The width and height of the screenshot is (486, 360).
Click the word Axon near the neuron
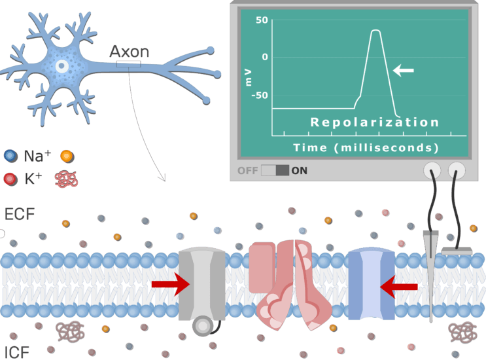point(129,52)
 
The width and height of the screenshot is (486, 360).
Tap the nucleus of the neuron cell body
point(61,66)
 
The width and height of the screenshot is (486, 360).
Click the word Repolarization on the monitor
point(374,122)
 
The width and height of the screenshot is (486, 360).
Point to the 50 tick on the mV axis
point(262,21)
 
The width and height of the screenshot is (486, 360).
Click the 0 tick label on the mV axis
point(264,58)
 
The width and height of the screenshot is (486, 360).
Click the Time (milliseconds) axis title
point(366,147)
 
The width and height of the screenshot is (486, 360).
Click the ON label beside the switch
point(300,171)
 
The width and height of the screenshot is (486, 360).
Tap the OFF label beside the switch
point(248,171)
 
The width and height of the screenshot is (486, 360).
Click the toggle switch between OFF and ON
point(275,171)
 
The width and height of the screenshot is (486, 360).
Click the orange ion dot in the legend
point(65,156)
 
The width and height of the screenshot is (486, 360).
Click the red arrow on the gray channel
point(169,284)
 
